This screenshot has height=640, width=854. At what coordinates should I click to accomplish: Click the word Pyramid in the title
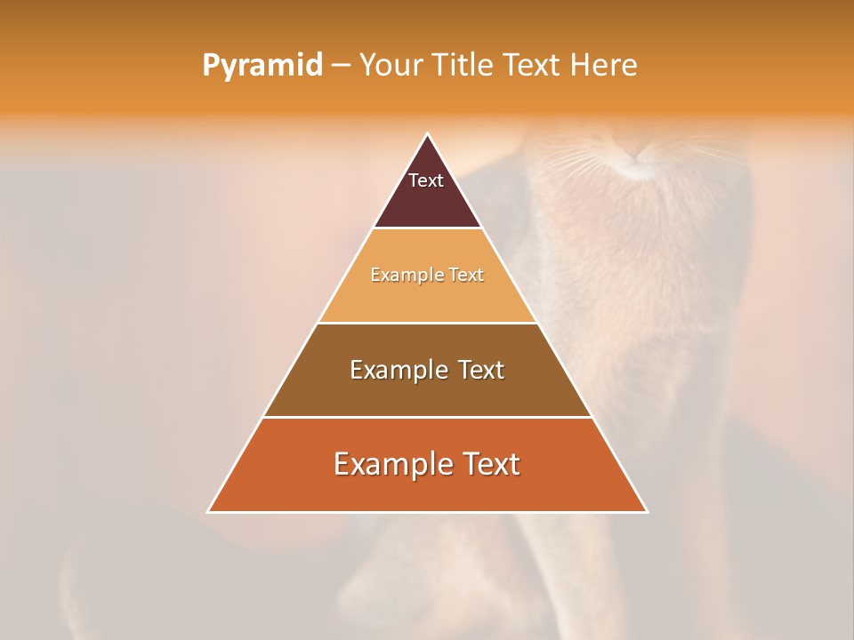click(x=262, y=66)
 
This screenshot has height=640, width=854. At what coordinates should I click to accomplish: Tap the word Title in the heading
click(x=465, y=66)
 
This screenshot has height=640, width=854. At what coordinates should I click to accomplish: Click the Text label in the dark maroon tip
click(x=426, y=180)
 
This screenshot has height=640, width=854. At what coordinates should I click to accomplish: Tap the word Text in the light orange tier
click(x=466, y=276)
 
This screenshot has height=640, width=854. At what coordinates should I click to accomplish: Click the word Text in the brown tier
click(x=480, y=370)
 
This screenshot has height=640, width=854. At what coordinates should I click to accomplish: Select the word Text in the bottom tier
click(x=492, y=464)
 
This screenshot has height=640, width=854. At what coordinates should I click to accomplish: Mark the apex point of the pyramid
click(x=427, y=134)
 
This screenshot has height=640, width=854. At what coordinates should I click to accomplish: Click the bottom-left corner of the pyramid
click(x=208, y=511)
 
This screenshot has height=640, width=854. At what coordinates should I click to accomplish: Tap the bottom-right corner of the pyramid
click(x=647, y=511)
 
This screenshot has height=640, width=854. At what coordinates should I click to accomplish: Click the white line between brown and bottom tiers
click(x=427, y=417)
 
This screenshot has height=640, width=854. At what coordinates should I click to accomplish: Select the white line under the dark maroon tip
click(x=427, y=228)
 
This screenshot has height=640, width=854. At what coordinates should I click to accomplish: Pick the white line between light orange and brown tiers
click(x=427, y=323)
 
